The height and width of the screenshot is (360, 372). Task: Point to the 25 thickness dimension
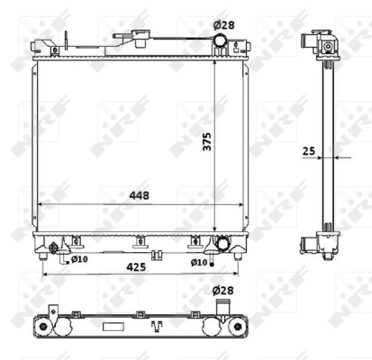point(308,152)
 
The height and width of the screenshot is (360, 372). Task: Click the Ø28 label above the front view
point(222,24)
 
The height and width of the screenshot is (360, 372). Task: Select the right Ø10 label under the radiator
point(199,262)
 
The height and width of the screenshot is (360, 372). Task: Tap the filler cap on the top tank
point(139,38)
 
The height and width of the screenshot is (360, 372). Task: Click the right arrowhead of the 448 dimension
point(242,205)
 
